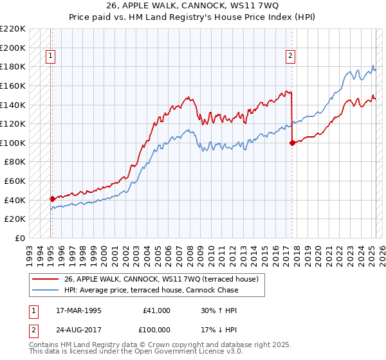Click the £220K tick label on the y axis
[x=13, y=29]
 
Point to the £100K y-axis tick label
[x=13, y=143]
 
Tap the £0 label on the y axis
[x=19, y=238]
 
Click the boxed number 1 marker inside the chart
[x=51, y=57]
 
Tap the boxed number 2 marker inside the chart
[x=291, y=57]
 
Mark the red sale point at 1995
[x=52, y=199]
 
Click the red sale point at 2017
[x=292, y=143]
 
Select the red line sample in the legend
[x=46, y=279]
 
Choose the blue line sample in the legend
[x=46, y=290]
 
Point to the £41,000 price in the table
[x=156, y=310]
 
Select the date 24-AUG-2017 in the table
[x=75, y=328]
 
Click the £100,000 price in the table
[x=154, y=328]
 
